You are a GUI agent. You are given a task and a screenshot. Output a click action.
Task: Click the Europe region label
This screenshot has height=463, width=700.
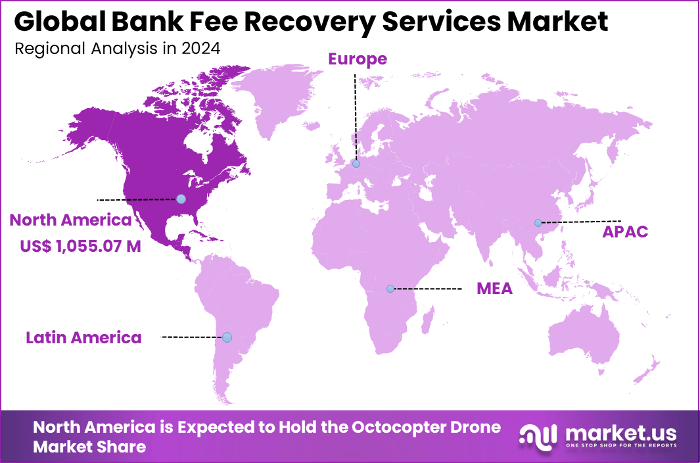coord(358,59)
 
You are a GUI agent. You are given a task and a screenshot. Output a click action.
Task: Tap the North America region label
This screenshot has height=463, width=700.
coord(70,220)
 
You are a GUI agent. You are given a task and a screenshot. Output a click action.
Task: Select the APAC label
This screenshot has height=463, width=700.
coord(626,231)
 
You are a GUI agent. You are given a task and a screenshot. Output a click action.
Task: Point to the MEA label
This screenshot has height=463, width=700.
coord(494,289)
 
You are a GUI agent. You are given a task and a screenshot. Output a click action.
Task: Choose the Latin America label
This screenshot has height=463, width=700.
coord(83,338)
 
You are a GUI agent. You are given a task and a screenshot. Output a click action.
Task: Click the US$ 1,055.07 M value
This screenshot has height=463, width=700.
coord(80,247)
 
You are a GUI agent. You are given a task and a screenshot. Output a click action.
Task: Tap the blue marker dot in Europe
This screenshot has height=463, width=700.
coord(356,164)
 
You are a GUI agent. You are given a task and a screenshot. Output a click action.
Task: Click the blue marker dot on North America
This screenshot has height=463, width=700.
coord(181,199)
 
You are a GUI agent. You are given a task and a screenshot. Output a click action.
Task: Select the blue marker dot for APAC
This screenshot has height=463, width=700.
coord(538,223)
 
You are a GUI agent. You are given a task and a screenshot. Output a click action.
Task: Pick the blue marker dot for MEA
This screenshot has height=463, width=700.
coord(390,289)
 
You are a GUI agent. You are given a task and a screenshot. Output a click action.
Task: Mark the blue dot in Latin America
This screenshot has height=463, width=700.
coord(227,337)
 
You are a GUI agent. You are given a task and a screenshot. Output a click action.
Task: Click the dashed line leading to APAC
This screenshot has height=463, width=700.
coord(581,222)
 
